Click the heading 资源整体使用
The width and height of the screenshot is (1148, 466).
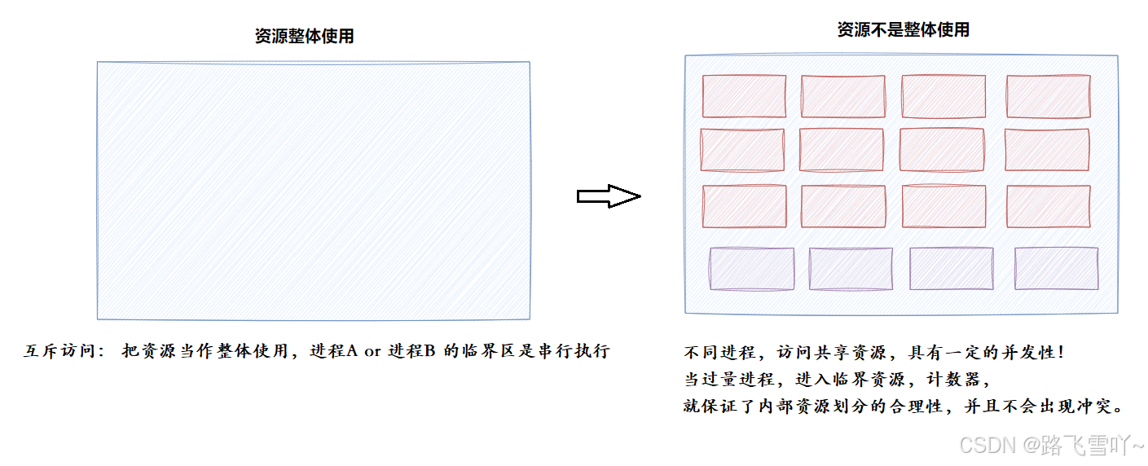(x=304, y=37)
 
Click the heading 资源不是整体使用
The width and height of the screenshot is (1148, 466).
(x=903, y=30)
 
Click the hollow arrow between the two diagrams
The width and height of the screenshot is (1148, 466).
(x=609, y=196)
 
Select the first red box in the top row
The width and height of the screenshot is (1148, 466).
(x=744, y=96)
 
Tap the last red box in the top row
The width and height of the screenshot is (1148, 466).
(x=1048, y=96)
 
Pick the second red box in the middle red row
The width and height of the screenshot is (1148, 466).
(x=841, y=150)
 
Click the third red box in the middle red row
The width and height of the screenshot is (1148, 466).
(x=942, y=150)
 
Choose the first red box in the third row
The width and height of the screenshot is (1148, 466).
(x=744, y=206)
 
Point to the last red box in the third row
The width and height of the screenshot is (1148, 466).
(x=1048, y=206)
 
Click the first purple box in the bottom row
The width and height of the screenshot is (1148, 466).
(x=751, y=269)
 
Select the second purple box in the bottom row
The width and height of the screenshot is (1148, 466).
(x=850, y=269)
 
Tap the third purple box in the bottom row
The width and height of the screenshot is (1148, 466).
(x=951, y=269)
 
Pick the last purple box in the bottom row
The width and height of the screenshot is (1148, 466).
(x=1056, y=269)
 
